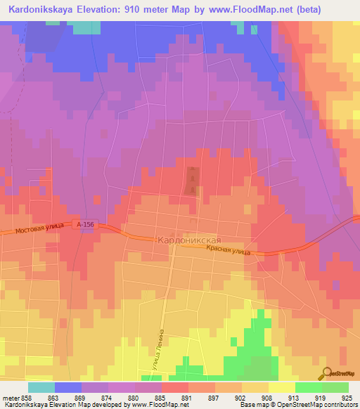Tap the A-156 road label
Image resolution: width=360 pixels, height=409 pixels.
point(86,224)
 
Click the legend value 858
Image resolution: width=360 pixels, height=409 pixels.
point(28,398)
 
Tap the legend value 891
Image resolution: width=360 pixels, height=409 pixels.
point(188,398)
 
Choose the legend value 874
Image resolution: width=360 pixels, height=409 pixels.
point(108,398)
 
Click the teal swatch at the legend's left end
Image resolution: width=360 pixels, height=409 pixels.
point(41,387)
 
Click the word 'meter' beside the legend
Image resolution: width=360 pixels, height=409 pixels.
point(11,398)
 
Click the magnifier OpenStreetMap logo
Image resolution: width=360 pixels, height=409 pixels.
point(326,373)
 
